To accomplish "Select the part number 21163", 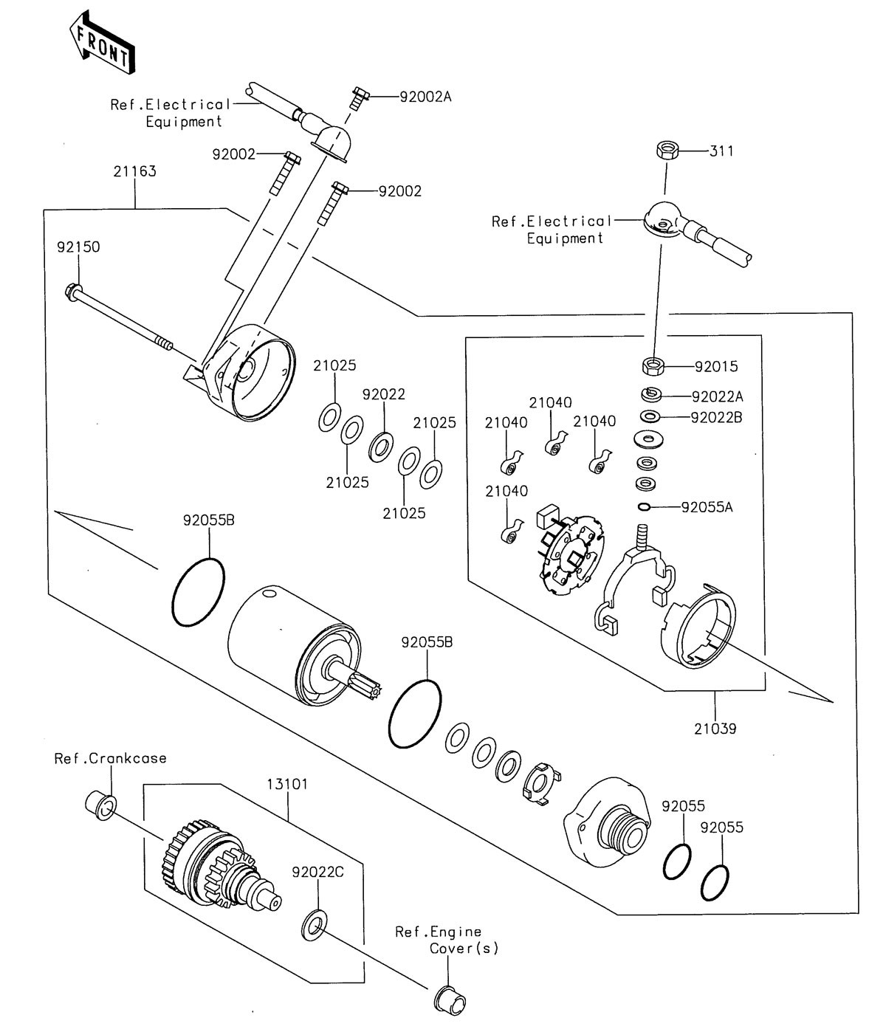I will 134,171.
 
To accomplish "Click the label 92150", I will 78,247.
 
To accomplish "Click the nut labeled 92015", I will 652,365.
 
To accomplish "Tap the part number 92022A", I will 717,396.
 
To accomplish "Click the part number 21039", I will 715,729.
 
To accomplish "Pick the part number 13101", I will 287,783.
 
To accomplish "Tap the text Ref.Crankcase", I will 110,758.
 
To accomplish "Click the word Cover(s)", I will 464,949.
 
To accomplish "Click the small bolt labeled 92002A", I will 359,97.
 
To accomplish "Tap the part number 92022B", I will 716,417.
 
